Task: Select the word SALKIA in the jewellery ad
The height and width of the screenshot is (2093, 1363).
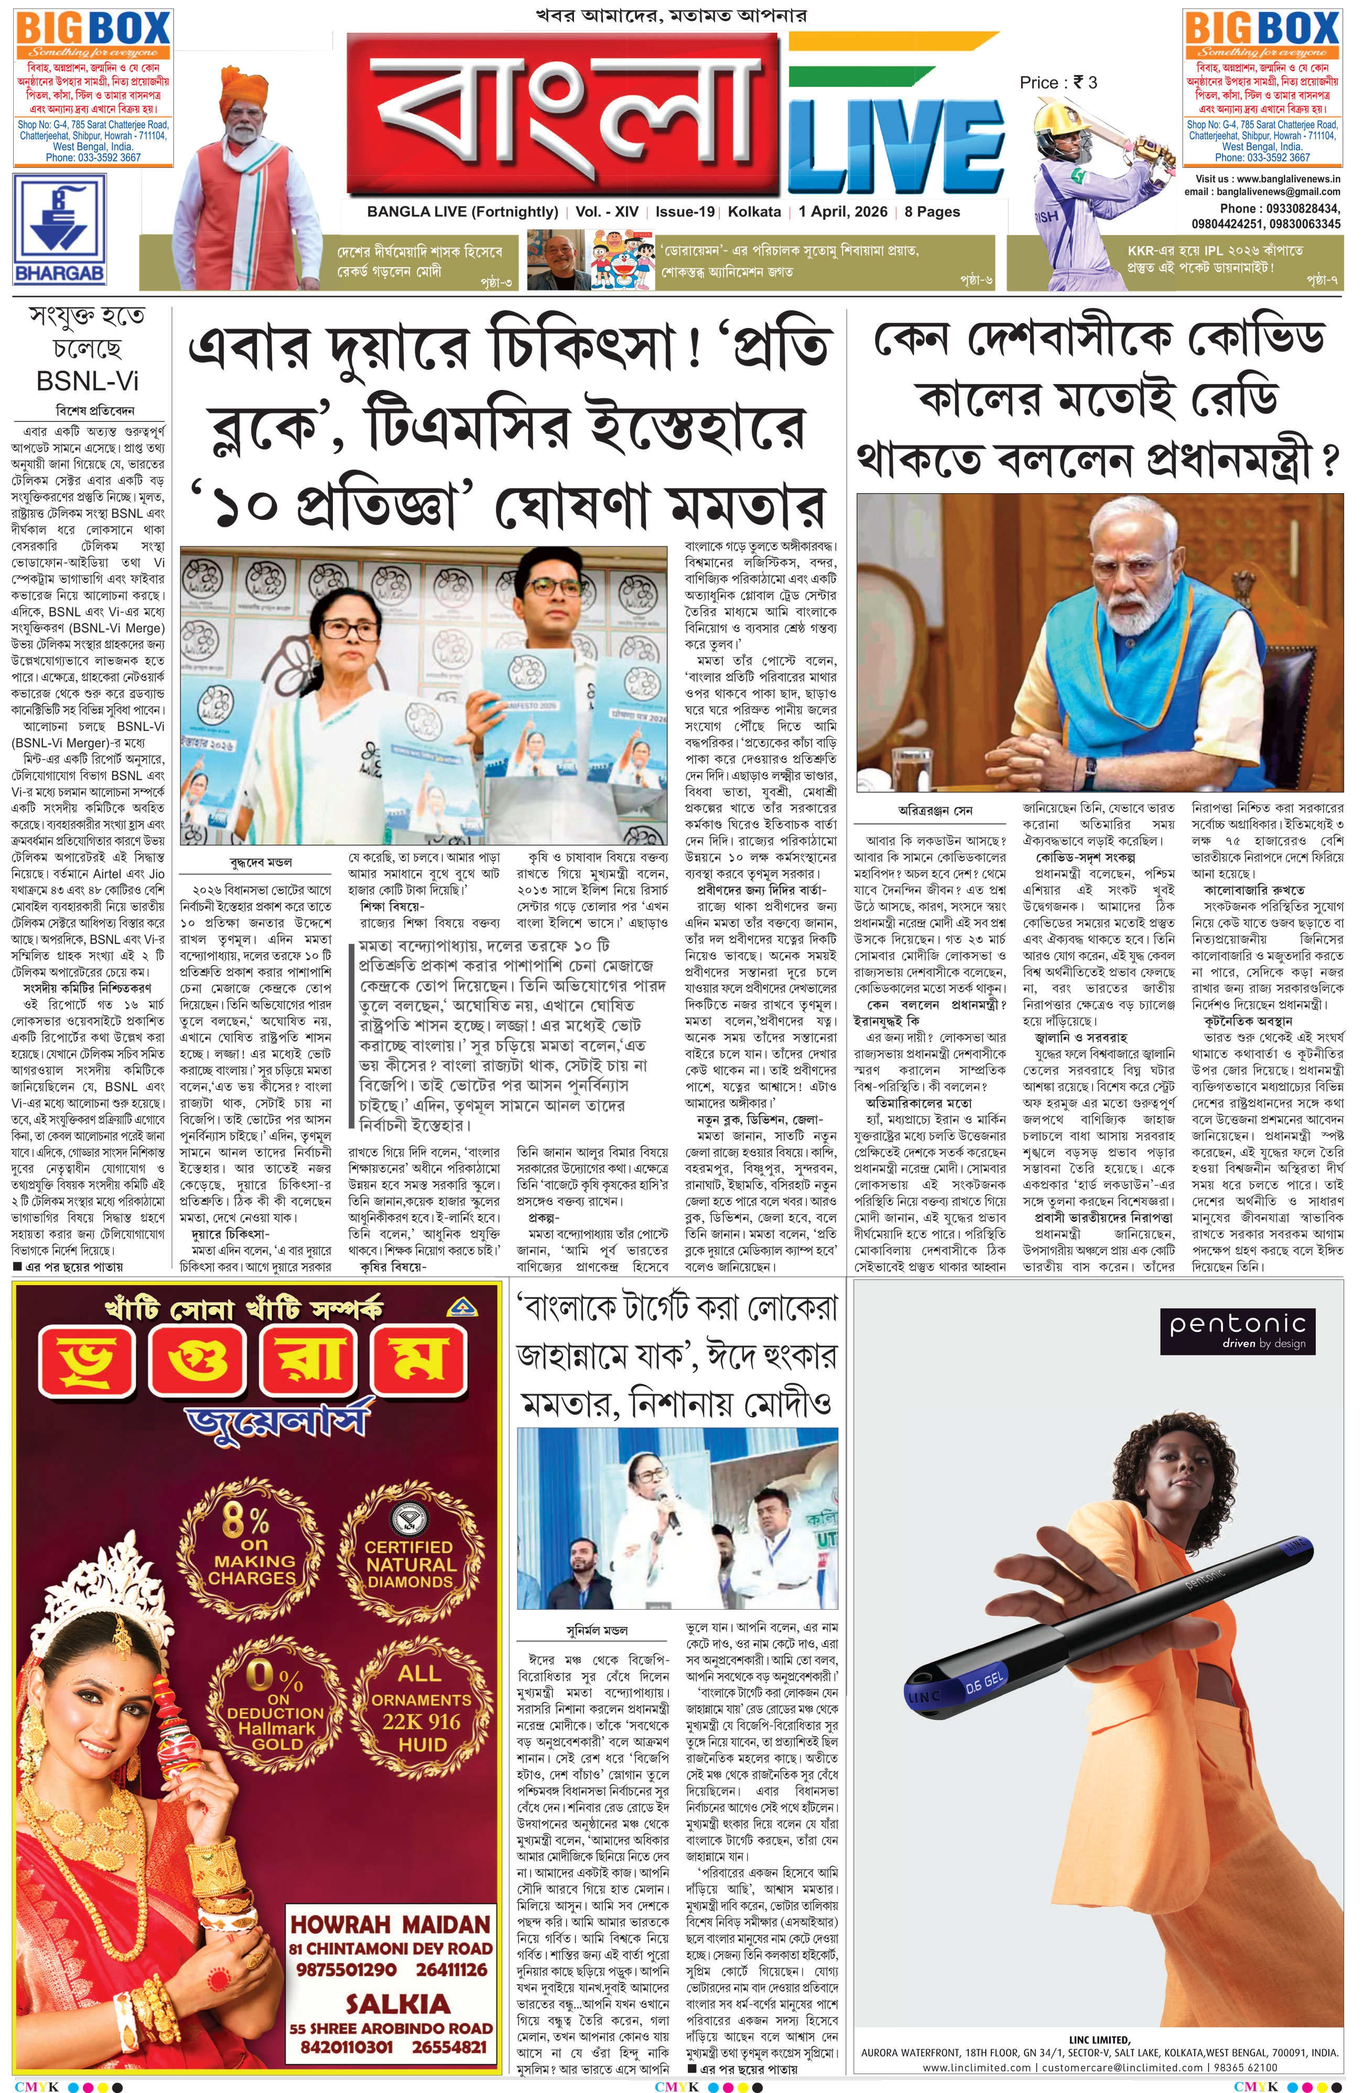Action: [397, 2003]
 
